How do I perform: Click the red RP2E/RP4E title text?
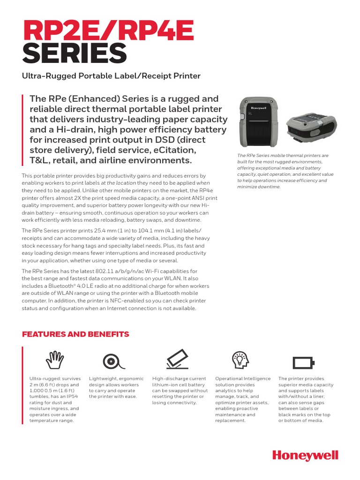[108, 31]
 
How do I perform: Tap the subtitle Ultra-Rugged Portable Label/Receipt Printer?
[112, 75]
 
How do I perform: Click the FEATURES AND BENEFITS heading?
[75, 334]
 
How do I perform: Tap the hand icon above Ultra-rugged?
[54, 360]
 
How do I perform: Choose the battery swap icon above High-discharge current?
[177, 360]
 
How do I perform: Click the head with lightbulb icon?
[240, 360]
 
